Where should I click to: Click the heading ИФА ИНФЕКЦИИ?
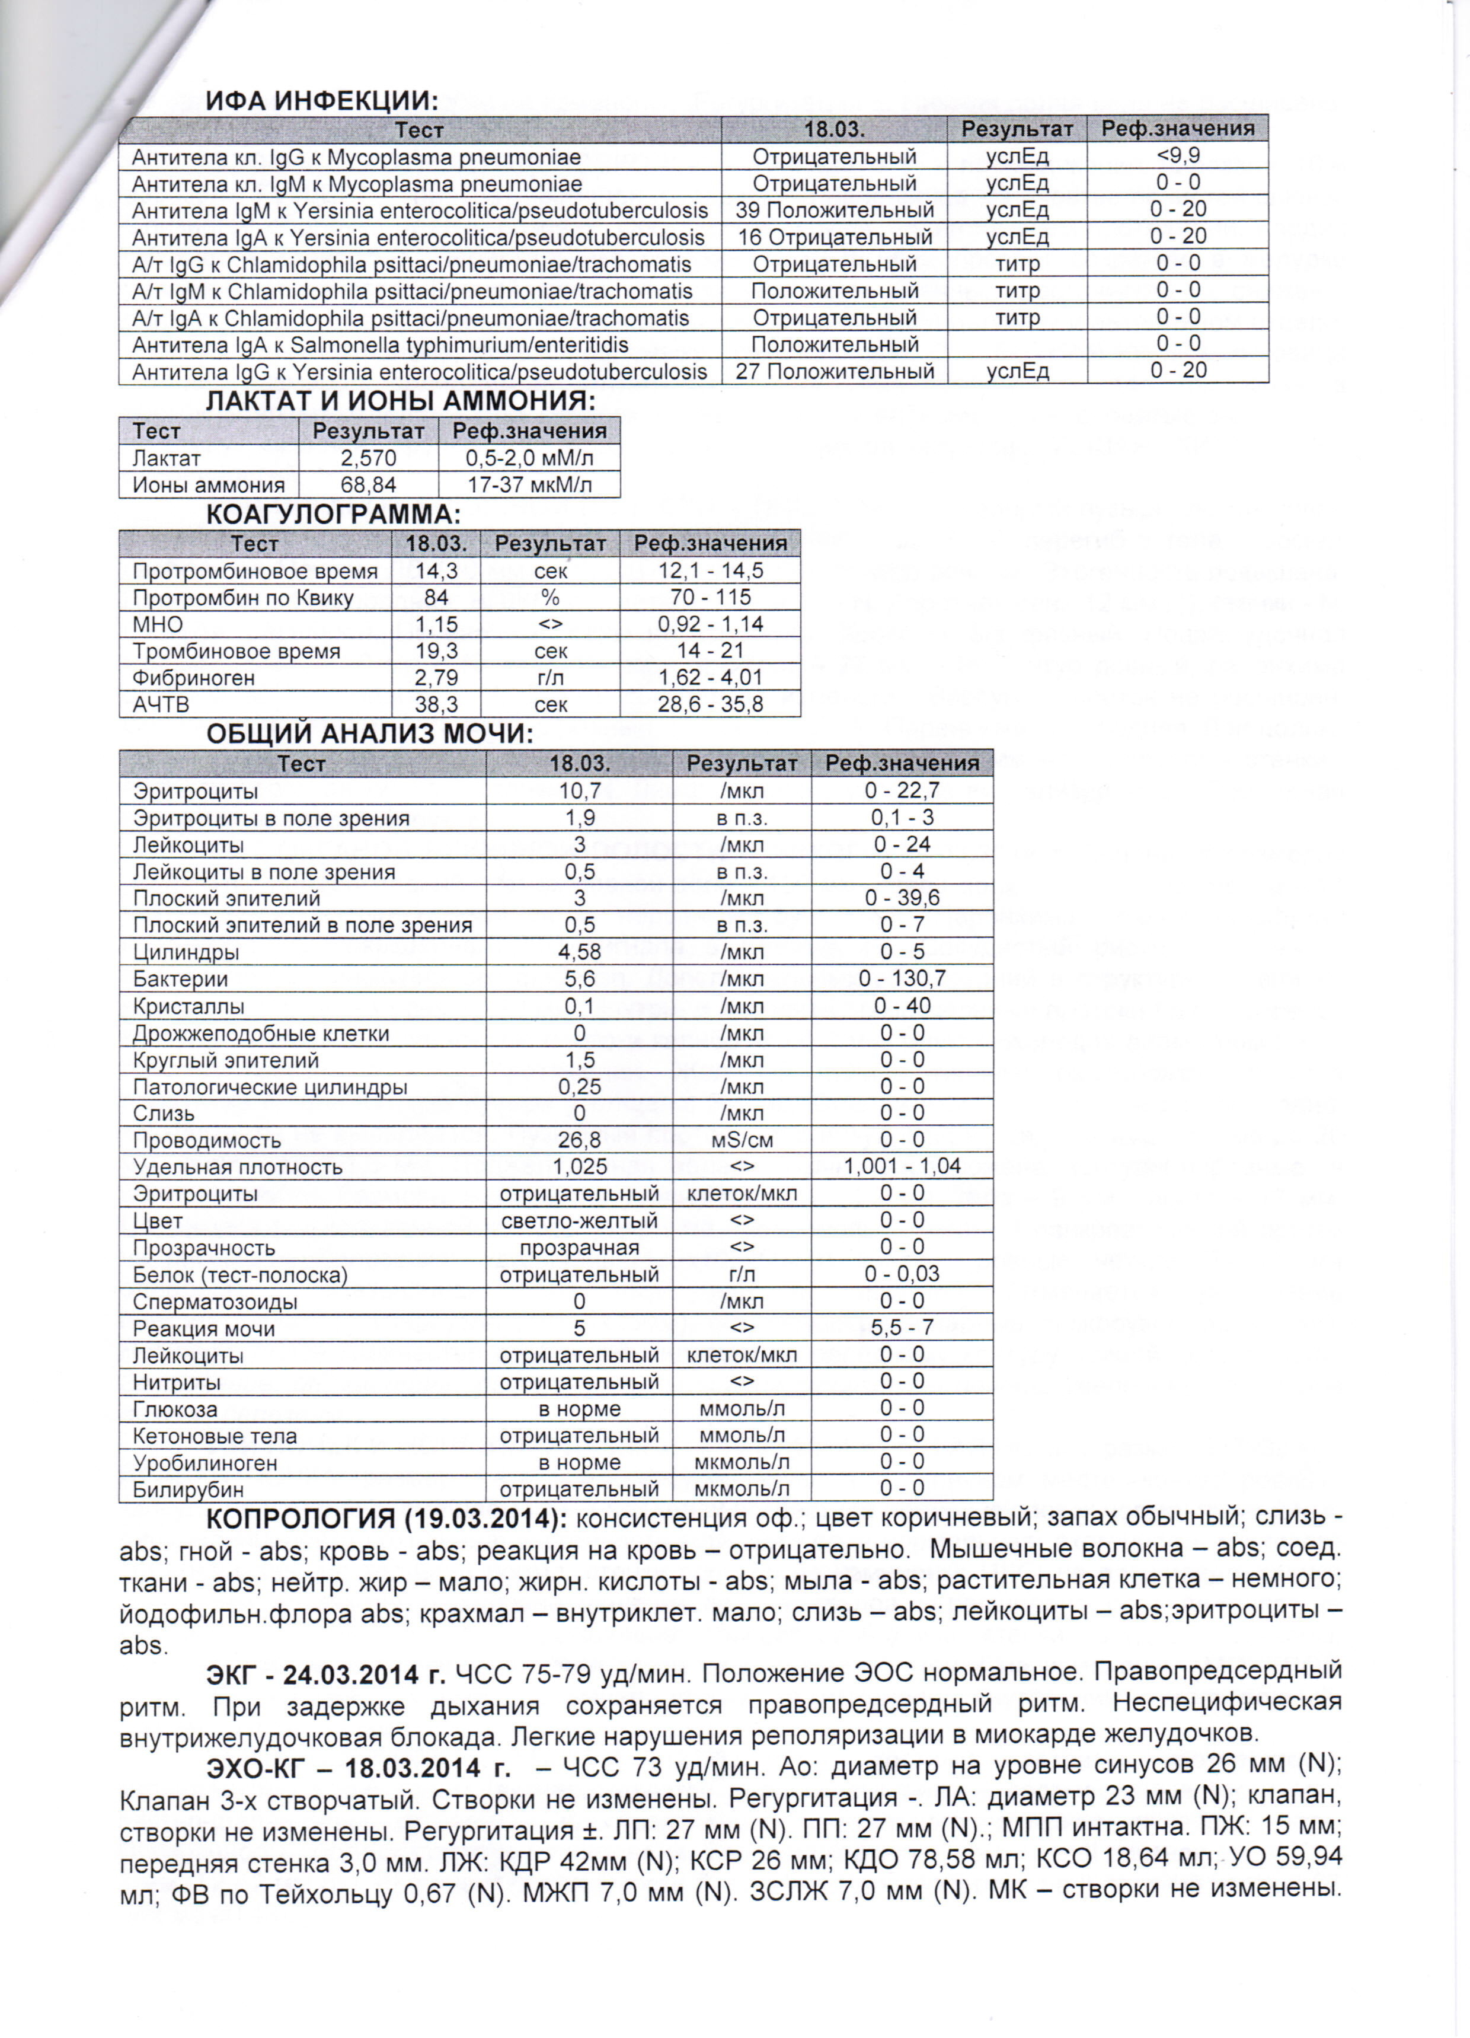pyautogui.click(x=322, y=101)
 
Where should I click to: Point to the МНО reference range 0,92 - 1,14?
pyautogui.click(x=710, y=624)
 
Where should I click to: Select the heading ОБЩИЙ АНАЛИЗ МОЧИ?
pyautogui.click(x=369, y=734)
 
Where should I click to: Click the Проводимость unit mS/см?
pyautogui.click(x=742, y=1140)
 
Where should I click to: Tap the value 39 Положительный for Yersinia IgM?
pyautogui.click(x=834, y=211)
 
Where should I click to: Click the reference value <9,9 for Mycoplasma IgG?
pyautogui.click(x=1177, y=155)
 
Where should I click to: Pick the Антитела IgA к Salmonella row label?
pyautogui.click(x=380, y=345)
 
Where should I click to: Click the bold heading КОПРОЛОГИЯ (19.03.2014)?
pyautogui.click(x=386, y=1519)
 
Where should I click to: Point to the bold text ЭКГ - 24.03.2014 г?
pyautogui.click(x=325, y=1674)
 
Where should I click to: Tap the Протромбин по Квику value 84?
pyautogui.click(x=436, y=598)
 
